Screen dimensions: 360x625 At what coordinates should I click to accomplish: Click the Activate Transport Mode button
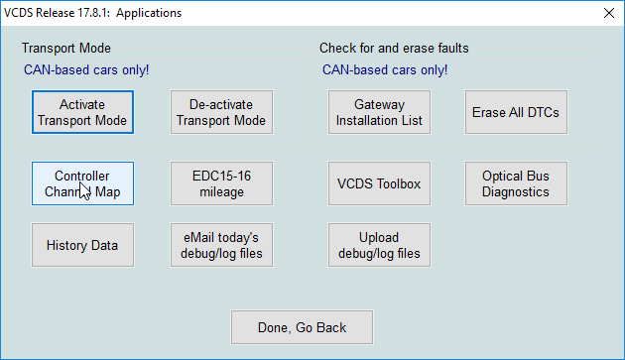82,112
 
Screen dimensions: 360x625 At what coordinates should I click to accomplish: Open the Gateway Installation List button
379,112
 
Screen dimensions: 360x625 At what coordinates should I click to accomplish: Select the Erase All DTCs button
516,112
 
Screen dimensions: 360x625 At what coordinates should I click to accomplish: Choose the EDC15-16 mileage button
221,183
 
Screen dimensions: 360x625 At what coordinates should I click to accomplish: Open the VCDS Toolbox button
379,183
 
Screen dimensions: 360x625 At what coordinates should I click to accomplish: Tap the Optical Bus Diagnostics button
516,183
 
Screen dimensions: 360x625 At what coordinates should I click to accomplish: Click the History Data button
82,245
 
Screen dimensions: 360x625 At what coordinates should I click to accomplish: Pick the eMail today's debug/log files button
221,245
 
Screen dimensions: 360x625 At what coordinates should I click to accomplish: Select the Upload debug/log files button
379,245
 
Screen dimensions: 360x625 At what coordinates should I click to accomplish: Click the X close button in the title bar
608,13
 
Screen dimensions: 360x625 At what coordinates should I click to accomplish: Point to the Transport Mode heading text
66,48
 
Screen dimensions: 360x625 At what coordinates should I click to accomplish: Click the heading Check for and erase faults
394,48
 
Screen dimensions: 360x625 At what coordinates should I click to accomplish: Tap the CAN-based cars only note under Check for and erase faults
385,70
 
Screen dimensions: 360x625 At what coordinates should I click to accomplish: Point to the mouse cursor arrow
83,189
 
